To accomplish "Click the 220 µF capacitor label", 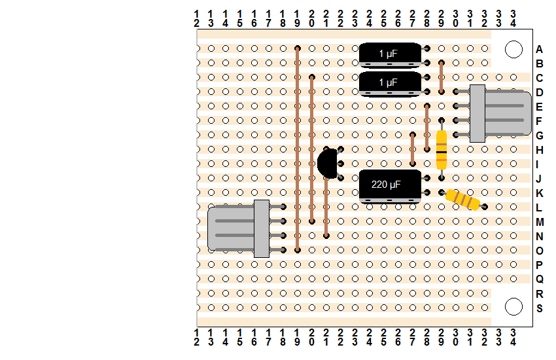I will coord(387,185).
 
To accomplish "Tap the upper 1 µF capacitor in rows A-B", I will coord(389,55).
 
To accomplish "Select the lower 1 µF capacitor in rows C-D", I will coord(389,84).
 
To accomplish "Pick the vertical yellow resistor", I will coord(442,150).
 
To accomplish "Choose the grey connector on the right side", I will coord(500,113).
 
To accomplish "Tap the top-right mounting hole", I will coord(513,49).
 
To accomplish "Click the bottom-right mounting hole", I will coord(513,306).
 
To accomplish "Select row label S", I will coord(540,308).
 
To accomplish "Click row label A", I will coord(540,49).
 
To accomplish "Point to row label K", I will coord(540,192).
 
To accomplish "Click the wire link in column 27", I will coord(413,149).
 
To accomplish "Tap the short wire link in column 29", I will coord(442,77).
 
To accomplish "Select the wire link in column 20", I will coord(312,149).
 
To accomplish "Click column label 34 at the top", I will coord(513,18).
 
